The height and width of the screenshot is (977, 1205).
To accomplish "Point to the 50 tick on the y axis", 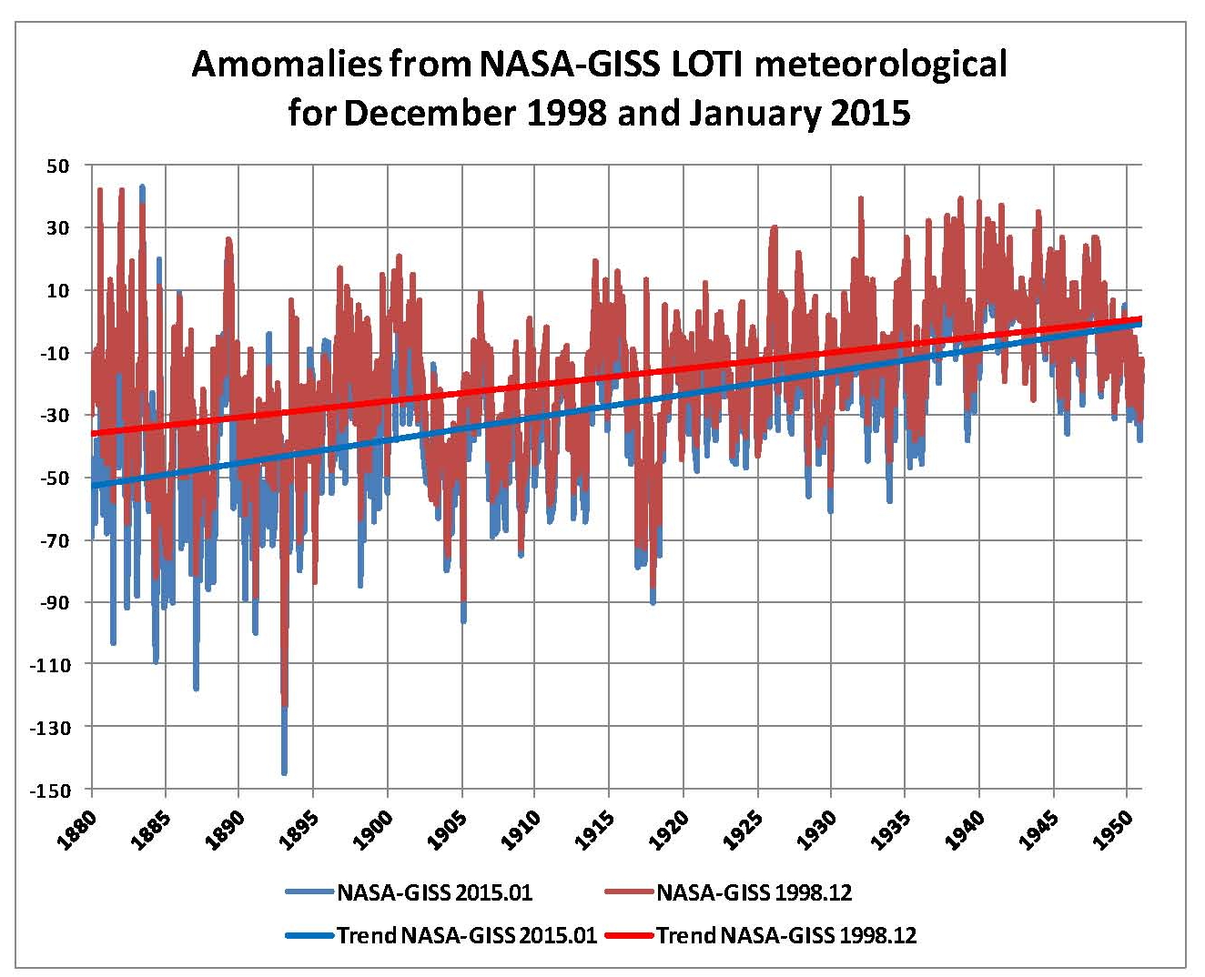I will click(x=58, y=166).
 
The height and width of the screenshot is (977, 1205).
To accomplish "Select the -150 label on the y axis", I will click(x=53, y=790).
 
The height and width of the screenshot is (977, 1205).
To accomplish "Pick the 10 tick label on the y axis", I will click(x=58, y=290).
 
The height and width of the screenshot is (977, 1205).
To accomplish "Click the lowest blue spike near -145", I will click(x=284, y=771).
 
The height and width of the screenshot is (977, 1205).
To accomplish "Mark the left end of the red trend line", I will click(x=93, y=433).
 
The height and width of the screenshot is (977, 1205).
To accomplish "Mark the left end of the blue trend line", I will click(x=93, y=486).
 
